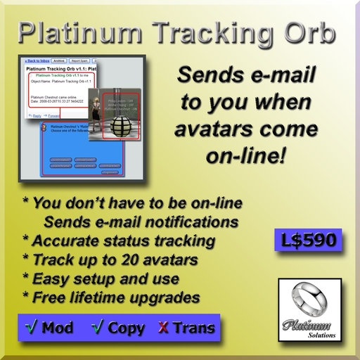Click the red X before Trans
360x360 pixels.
(164, 327)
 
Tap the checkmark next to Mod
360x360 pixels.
(30, 327)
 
